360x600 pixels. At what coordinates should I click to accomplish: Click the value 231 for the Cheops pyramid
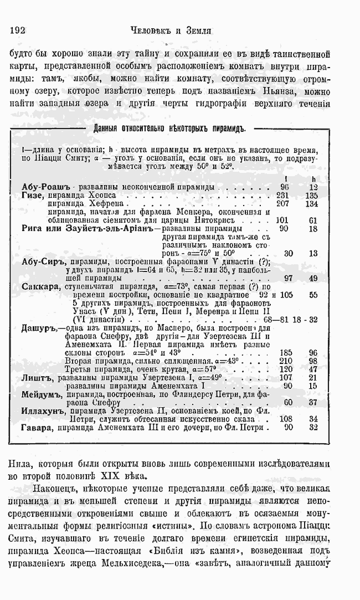pos(283,196)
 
